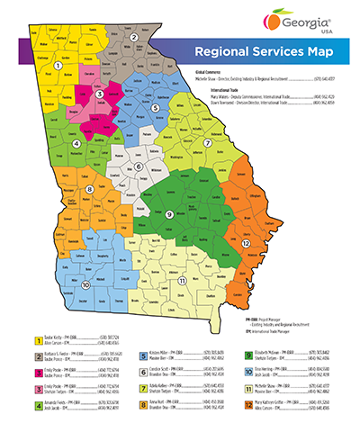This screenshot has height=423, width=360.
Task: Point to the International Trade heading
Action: click(215, 89)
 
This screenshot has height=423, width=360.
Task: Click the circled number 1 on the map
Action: click(58, 65)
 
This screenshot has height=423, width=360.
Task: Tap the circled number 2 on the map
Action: click(134, 37)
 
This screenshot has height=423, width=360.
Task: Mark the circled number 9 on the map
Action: click(169, 212)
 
